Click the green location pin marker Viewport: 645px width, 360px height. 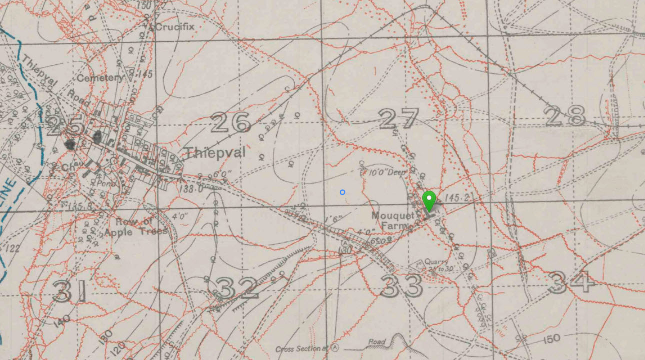click(x=429, y=200)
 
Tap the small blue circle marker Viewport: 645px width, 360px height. click(x=342, y=192)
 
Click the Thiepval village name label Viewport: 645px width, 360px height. click(x=215, y=153)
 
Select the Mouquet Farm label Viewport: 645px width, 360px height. click(x=393, y=220)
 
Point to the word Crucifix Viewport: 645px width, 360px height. click(x=174, y=27)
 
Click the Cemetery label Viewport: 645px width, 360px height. click(x=100, y=78)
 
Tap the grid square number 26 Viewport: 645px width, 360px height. click(x=230, y=122)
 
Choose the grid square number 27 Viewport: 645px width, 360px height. click(x=398, y=119)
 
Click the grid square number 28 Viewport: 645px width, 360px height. click(x=565, y=116)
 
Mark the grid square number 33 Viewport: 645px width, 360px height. click(x=401, y=286)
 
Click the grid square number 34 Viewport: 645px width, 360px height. click(x=571, y=282)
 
